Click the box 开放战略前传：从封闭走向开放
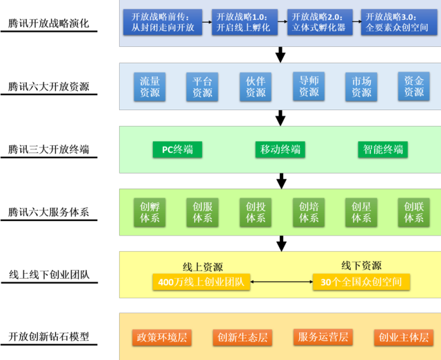[163, 22]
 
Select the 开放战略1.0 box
[243, 22]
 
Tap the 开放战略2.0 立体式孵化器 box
[319, 22]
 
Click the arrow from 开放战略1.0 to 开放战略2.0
[282, 22]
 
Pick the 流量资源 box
[150, 87]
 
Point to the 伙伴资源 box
[255, 87]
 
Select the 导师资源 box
[309, 87]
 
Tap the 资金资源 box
[413, 87]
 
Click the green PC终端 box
[177, 149]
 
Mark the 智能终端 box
[382, 149]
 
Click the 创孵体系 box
[150, 212]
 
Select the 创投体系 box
[255, 212]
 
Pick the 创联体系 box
[413, 212]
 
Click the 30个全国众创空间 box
[361, 282]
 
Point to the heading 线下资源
[361, 266]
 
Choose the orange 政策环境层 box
[161, 337]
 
